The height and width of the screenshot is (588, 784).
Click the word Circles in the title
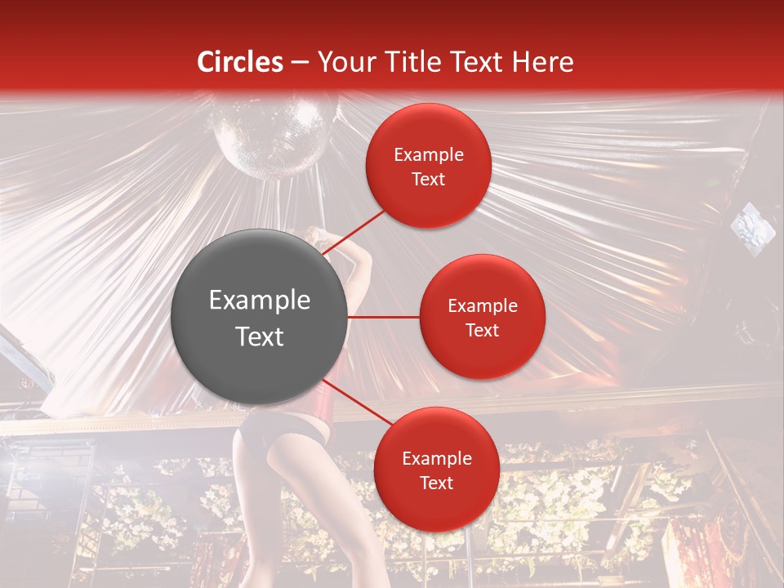tap(240, 62)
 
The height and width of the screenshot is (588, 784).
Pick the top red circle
tap(428, 166)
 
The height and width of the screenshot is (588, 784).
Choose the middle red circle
tap(482, 317)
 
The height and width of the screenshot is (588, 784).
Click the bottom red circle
tap(436, 470)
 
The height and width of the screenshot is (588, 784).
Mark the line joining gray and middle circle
tap(384, 317)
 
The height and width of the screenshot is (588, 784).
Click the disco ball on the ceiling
tap(274, 135)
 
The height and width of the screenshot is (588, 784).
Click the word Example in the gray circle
tap(260, 301)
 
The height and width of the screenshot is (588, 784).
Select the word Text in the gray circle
tap(260, 336)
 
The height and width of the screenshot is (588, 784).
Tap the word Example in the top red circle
tap(428, 154)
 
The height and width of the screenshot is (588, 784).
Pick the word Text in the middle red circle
tap(482, 330)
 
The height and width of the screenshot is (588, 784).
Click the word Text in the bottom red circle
tap(436, 483)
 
